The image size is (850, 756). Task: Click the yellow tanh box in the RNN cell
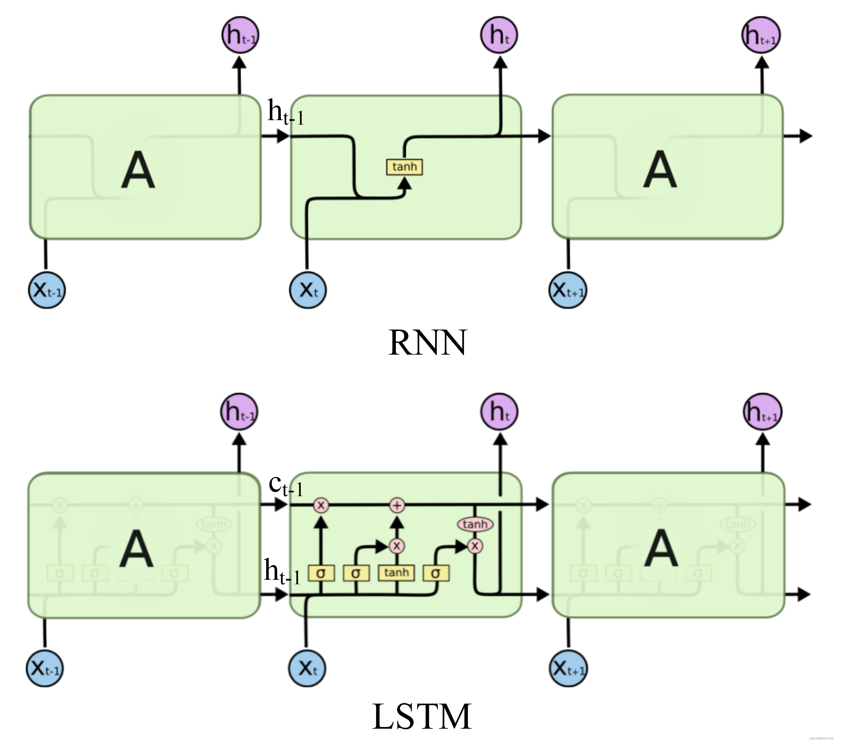404,167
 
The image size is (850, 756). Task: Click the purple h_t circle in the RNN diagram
499,35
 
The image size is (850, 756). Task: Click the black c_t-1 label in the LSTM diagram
285,485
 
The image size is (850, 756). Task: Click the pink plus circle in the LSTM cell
397,505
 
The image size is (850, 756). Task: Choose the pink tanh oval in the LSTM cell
475,524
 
